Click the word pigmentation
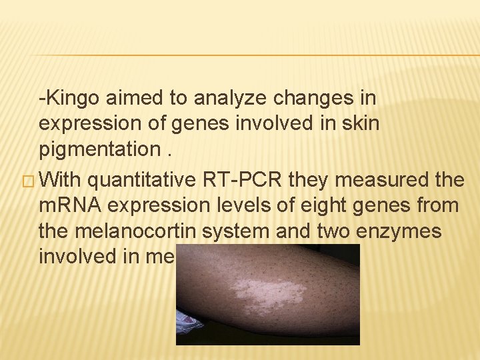(99, 149)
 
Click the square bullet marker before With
(27, 181)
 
